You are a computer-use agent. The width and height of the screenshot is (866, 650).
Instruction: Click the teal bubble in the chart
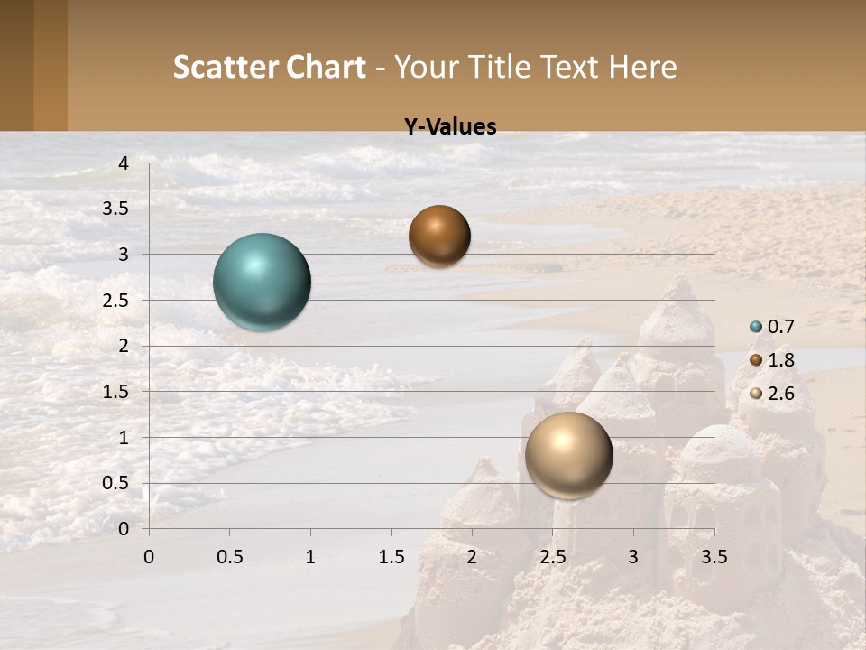262,282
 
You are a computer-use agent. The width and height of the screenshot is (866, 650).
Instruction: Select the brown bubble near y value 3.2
439,236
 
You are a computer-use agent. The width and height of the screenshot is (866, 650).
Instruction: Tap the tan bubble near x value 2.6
568,455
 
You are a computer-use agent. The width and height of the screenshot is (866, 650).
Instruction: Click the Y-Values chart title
450,127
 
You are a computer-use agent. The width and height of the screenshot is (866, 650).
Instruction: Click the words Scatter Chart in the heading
269,67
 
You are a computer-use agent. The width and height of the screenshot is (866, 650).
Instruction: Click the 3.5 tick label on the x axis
714,557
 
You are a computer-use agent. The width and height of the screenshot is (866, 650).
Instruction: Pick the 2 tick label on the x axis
472,557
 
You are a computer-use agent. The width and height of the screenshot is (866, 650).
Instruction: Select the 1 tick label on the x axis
310,557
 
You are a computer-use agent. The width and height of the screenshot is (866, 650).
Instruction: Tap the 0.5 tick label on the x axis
229,557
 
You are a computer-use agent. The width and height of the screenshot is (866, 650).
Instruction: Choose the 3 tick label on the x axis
633,557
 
